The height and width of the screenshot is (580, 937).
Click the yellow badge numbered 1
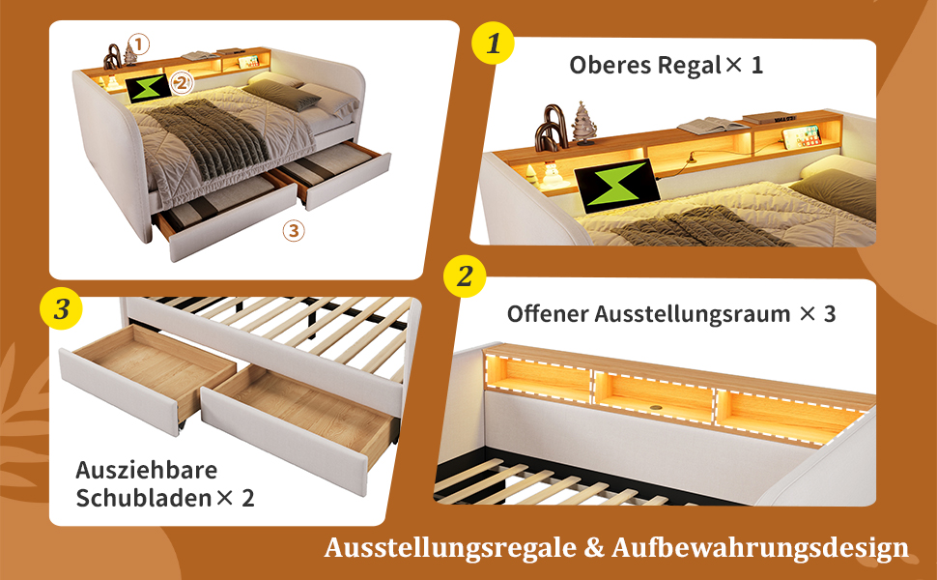tap(493, 43)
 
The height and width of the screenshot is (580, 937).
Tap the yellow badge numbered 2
tap(465, 276)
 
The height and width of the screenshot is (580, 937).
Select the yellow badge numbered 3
tap(62, 308)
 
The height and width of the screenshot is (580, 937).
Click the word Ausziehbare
tap(147, 470)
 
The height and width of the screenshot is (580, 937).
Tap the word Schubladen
tap(143, 498)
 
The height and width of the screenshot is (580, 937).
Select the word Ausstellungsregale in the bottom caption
tap(450, 547)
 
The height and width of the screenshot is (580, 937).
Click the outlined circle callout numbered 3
tap(294, 230)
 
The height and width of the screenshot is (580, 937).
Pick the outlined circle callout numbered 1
tap(139, 43)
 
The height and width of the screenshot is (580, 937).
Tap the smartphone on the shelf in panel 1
tap(802, 136)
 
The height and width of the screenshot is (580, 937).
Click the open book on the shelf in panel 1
tap(713, 127)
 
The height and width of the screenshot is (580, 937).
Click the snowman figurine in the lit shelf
tap(550, 174)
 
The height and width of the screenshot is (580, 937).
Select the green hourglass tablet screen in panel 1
tap(617, 186)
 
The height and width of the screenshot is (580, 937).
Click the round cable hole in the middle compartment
tap(656, 406)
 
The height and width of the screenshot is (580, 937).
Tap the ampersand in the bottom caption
tap(593, 548)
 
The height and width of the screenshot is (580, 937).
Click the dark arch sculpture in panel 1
tap(550, 128)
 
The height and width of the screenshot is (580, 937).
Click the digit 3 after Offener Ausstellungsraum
tap(830, 313)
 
